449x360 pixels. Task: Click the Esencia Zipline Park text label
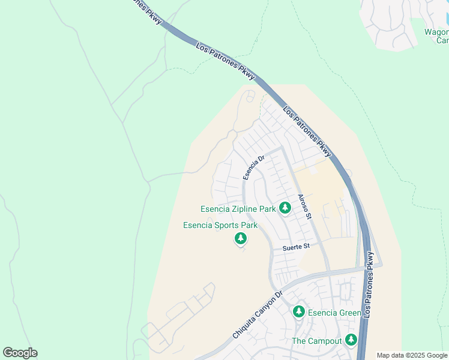tap(238, 209)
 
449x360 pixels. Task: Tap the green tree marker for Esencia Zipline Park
tap(285, 208)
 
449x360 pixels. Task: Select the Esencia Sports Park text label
tap(220, 226)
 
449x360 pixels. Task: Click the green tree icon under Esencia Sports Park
tap(241, 239)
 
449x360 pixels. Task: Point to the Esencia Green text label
tap(334, 313)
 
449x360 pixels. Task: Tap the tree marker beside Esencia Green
tap(299, 312)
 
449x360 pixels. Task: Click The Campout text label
tap(316, 341)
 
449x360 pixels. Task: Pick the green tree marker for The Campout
tap(351, 340)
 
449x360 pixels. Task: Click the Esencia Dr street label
tap(253, 168)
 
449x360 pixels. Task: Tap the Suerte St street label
tap(297, 247)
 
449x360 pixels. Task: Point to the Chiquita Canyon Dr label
tap(257, 316)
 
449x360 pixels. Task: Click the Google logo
tap(20, 353)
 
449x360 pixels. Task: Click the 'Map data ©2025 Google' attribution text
tap(412, 355)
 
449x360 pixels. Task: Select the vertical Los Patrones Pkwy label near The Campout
tap(371, 283)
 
